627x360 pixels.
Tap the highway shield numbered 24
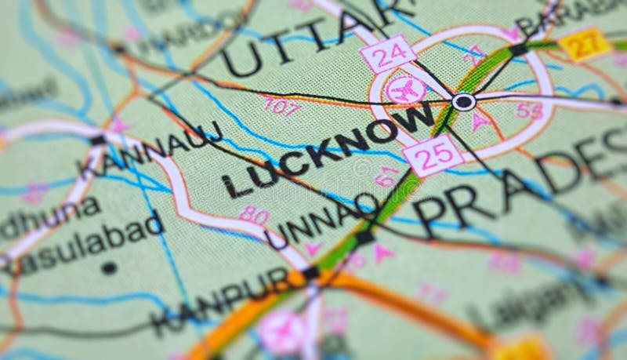tap(387, 54)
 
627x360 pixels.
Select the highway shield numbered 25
tap(433, 155)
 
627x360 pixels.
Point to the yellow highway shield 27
tap(585, 44)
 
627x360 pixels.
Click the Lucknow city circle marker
tap(463, 101)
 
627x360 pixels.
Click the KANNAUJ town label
tap(149, 148)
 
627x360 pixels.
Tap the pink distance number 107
tap(281, 105)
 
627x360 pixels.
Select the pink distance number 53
tap(530, 111)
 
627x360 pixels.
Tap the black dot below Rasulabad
tap(108, 267)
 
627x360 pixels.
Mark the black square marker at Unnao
tap(364, 234)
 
